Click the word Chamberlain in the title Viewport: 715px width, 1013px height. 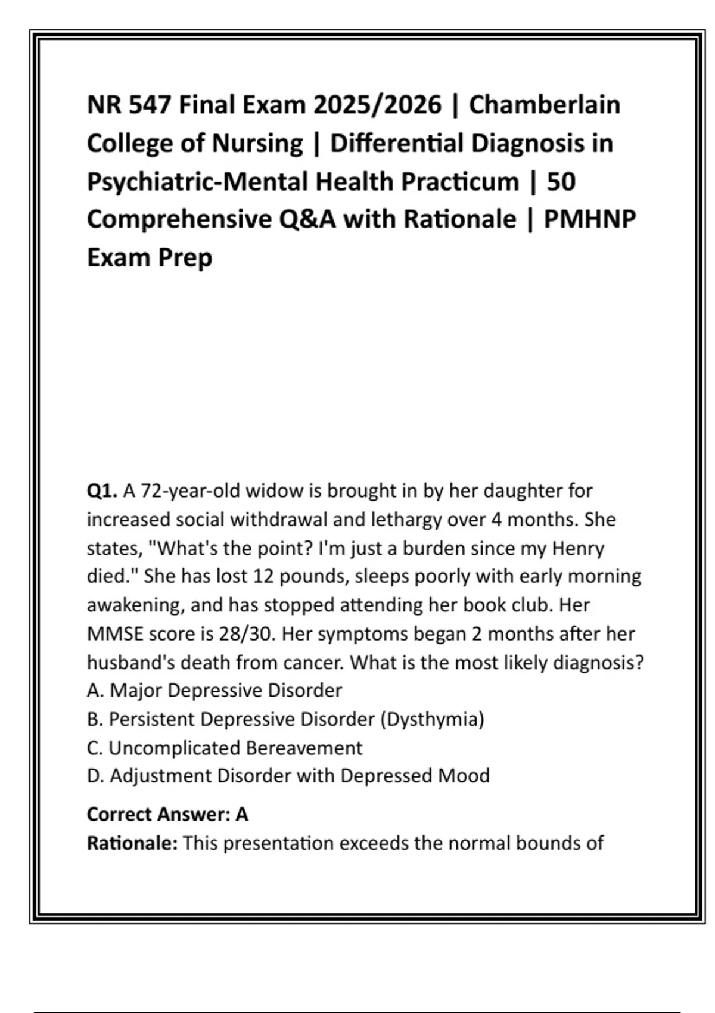click(x=544, y=105)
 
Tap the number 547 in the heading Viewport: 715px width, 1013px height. click(x=149, y=105)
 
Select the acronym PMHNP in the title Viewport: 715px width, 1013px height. click(x=590, y=219)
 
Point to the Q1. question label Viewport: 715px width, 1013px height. click(x=102, y=491)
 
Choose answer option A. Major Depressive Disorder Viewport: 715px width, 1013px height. click(x=214, y=691)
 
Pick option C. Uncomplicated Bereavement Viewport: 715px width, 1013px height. click(x=225, y=748)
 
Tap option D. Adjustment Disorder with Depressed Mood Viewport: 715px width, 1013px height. click(x=288, y=776)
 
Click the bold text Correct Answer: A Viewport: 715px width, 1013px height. click(x=167, y=814)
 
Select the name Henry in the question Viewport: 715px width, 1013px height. click(x=578, y=548)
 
